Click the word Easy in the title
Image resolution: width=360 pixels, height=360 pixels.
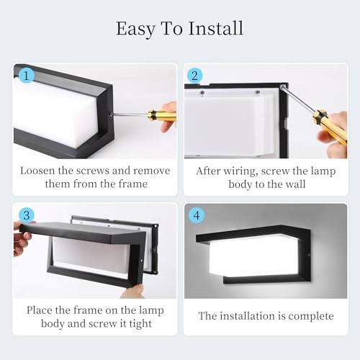135,30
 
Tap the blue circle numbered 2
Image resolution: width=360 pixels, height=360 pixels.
194,75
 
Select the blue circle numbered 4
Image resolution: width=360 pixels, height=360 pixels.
194,215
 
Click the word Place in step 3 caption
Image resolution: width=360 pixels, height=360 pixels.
41,310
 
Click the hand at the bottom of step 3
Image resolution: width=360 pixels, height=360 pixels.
134,291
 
